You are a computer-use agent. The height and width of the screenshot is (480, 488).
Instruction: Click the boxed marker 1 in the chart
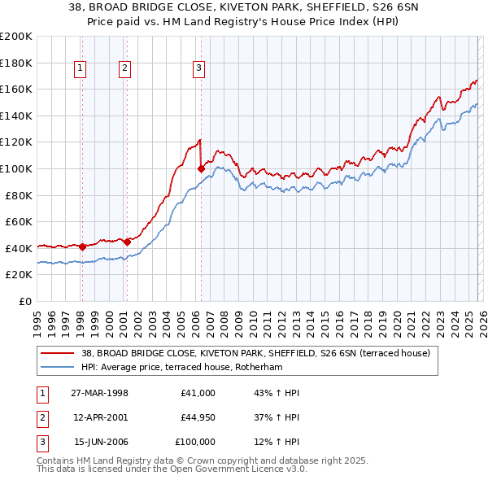click(x=81, y=69)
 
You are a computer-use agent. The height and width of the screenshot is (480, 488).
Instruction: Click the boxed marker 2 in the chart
click(x=125, y=69)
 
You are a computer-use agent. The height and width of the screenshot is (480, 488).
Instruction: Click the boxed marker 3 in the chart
click(x=199, y=69)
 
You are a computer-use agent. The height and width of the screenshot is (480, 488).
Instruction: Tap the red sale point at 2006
click(x=201, y=168)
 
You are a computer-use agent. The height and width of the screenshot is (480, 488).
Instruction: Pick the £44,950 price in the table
click(x=198, y=417)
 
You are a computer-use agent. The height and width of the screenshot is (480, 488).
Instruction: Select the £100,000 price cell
click(x=195, y=442)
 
